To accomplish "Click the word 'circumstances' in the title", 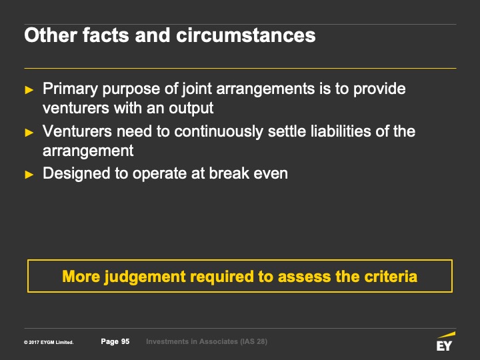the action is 245,35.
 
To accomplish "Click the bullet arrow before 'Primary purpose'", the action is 29,90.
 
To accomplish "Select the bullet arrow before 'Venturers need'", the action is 29,132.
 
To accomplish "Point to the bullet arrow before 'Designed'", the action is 29,175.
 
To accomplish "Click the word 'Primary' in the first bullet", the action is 71,89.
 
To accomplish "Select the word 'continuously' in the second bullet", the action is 219,131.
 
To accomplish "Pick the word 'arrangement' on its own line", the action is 88,151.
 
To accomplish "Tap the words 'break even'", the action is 249,173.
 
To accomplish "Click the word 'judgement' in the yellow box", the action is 145,277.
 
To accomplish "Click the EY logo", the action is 445,341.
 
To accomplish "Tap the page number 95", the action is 125,341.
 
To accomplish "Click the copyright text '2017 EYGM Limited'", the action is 51,342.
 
